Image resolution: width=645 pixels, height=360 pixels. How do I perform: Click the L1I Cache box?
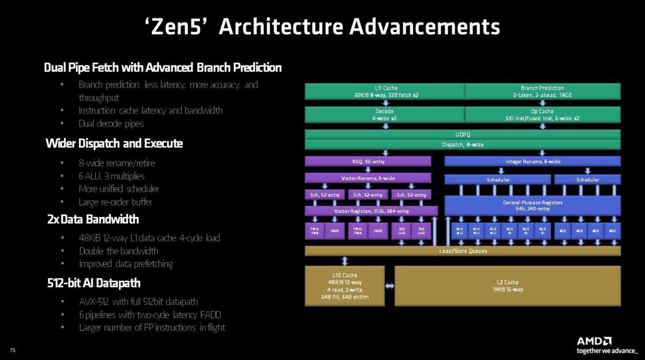click(x=384, y=91)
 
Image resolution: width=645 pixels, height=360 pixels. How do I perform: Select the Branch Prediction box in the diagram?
click(x=543, y=91)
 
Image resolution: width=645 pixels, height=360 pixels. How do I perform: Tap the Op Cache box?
click(x=543, y=115)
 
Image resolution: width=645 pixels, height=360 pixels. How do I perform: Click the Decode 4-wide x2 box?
click(x=384, y=115)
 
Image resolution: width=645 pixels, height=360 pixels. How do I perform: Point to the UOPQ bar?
click(x=462, y=135)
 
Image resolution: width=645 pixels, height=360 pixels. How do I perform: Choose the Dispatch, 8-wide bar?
click(x=462, y=145)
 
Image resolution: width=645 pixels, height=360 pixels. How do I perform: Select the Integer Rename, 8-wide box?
click(x=533, y=162)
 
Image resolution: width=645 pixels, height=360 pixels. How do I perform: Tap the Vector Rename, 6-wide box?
click(x=368, y=178)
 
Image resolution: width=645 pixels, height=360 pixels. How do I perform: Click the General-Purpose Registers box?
click(x=533, y=205)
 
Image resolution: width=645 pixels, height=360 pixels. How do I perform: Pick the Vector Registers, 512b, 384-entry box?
click(x=371, y=211)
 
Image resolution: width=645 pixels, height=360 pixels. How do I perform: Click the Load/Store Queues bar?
click(x=462, y=251)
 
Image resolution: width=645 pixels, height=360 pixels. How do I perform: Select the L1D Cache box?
click(x=345, y=286)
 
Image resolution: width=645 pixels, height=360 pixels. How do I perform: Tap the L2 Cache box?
click(x=507, y=286)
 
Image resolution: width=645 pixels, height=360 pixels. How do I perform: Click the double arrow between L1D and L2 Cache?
click(x=390, y=286)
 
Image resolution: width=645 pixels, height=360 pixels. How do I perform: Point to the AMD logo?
click(x=594, y=341)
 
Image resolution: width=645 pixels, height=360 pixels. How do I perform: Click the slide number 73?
click(x=13, y=350)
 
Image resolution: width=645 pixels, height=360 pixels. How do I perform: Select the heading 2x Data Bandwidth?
click(x=93, y=220)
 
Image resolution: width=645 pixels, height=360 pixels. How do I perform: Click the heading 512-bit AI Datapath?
click(x=94, y=283)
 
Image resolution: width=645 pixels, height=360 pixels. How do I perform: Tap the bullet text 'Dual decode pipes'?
click(x=111, y=124)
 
